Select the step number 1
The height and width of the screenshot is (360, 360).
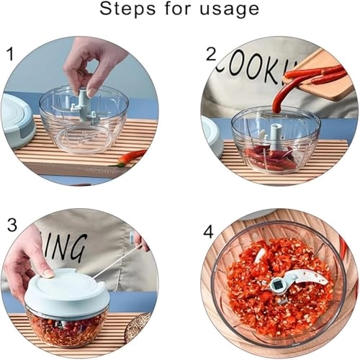click(10, 53)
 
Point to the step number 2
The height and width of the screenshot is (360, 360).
click(211, 53)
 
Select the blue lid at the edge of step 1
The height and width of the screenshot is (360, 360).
click(17, 120)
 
